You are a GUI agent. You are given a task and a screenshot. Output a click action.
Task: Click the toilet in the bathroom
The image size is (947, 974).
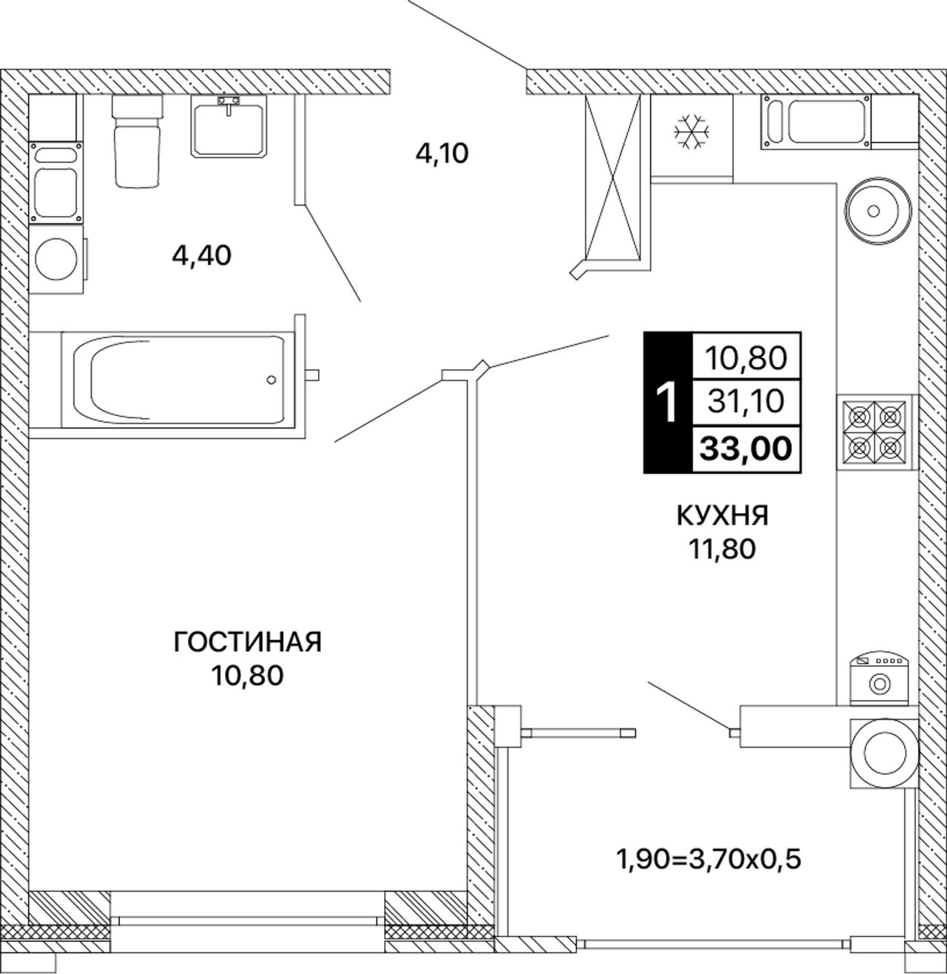[137, 141]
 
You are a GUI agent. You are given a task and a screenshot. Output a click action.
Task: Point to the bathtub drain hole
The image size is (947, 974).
[271, 380]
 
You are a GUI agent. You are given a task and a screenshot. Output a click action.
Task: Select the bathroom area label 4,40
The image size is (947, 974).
[201, 256]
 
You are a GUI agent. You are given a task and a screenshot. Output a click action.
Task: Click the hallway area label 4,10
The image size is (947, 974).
[442, 154]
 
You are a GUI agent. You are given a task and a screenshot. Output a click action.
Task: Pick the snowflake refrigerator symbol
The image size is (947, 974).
[691, 132]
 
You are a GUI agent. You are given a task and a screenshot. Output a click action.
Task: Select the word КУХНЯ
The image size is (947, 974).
[722, 517]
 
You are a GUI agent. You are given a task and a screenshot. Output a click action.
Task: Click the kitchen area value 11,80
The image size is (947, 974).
[722, 550]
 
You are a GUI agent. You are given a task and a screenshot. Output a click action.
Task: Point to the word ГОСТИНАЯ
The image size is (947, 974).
[248, 642]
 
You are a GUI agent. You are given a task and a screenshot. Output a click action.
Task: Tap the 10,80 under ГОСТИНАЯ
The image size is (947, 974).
[247, 676]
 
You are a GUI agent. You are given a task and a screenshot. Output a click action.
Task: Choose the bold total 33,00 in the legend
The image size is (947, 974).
[746, 449]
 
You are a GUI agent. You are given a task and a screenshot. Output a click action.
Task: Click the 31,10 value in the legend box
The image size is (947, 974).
[746, 401]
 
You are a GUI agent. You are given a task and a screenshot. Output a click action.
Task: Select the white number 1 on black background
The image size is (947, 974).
[667, 402]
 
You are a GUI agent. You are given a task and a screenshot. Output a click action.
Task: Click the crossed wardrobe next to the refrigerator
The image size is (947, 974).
[614, 178]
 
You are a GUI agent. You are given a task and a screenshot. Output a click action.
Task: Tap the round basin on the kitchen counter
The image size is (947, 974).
[874, 211]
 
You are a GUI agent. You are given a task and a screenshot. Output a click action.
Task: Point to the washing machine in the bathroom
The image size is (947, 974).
[56, 259]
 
